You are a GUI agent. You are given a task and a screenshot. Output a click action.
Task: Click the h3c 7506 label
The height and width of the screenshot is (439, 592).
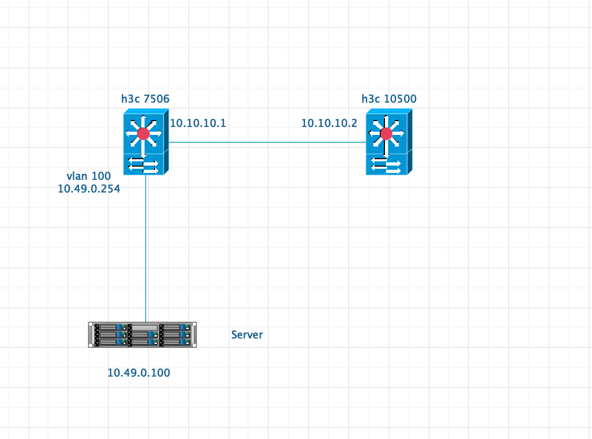(x=145, y=98)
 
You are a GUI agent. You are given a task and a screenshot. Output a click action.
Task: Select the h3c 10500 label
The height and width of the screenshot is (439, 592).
(x=389, y=98)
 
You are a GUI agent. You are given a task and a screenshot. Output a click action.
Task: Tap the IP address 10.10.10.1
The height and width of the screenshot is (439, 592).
(x=198, y=123)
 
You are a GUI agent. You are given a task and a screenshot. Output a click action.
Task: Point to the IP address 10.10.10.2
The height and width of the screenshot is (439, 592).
(x=329, y=123)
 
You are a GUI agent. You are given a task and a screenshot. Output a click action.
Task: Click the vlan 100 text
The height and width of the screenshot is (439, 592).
(x=89, y=177)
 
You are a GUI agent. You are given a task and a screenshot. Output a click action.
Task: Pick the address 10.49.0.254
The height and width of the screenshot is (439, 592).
(x=89, y=188)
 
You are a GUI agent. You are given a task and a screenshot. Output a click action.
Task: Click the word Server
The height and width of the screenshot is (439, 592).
(x=247, y=335)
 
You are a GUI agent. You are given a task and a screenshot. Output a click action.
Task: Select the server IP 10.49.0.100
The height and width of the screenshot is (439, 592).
(x=139, y=373)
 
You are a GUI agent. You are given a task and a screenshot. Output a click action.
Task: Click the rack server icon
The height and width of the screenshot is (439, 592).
(x=142, y=334)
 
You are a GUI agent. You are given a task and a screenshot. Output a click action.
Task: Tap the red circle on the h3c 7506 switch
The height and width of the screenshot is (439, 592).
(x=143, y=133)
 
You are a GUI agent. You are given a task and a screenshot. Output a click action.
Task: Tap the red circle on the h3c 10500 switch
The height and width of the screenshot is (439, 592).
(x=386, y=133)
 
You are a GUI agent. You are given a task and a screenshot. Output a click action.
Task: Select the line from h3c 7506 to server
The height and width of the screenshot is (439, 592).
(x=146, y=249)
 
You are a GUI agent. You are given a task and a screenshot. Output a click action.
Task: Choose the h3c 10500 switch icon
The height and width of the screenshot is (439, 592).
(x=388, y=142)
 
